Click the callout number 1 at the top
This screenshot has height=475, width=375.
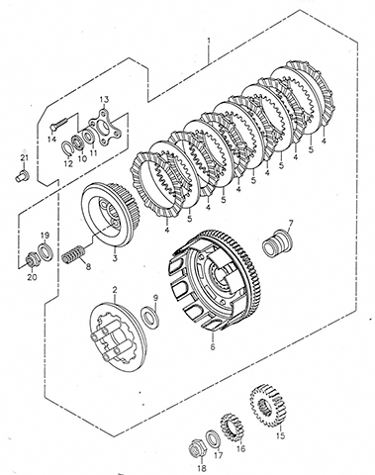209,41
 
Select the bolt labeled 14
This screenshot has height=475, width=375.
58,123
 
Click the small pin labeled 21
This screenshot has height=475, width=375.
23,175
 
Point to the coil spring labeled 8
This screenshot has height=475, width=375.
74,254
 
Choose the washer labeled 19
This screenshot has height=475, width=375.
46,251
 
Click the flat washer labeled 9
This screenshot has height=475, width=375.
150,316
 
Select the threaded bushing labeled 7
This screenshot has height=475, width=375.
278,244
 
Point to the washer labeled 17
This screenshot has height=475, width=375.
214,439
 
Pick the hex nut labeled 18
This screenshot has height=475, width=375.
199,448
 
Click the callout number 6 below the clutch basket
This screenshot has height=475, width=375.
213,346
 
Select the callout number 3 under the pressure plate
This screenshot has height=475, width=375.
115,258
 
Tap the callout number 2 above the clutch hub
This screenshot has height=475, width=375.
115,290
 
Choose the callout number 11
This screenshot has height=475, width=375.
93,152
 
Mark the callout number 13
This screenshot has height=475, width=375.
104,99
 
